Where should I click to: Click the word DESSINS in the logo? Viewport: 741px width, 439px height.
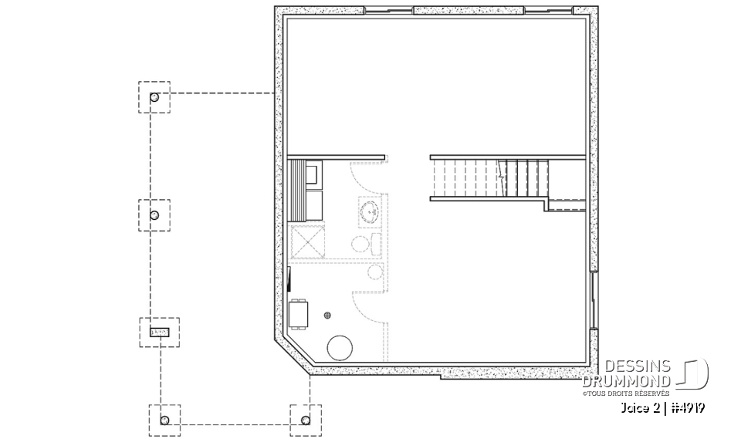click(x=637, y=367)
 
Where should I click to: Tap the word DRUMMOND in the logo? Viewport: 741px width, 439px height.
click(x=626, y=380)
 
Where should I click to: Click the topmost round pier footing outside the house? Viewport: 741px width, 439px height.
click(x=154, y=97)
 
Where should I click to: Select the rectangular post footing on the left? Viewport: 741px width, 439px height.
click(x=158, y=332)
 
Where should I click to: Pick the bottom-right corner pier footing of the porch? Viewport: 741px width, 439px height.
click(x=305, y=420)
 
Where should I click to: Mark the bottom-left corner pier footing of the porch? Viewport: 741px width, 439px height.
click(x=164, y=420)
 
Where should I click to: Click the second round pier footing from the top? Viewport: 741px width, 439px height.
click(x=154, y=215)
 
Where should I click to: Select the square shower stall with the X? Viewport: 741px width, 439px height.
click(x=307, y=241)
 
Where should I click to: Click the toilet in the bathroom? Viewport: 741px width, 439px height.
click(x=365, y=245)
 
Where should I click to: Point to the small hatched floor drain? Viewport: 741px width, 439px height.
click(x=327, y=315)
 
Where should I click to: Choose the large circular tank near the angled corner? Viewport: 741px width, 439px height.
click(x=340, y=349)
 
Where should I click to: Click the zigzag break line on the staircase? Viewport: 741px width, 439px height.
click(x=502, y=177)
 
